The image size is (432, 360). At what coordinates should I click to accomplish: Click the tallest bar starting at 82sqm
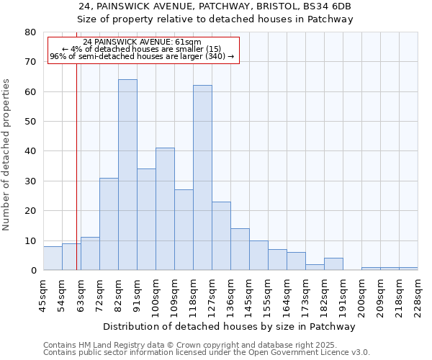[127, 175]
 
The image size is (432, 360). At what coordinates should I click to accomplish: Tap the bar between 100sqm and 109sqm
[165, 209]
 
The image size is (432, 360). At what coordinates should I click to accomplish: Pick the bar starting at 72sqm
[109, 224]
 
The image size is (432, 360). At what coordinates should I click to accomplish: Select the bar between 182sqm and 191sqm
[333, 264]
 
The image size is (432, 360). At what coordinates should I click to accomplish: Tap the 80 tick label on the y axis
[30, 32]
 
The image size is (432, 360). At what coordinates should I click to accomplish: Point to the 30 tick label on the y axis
[30, 181]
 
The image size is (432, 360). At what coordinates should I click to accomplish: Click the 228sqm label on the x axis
[418, 297]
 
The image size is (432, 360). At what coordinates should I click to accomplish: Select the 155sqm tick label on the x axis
[269, 297]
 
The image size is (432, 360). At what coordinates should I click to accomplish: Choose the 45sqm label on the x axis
[43, 297]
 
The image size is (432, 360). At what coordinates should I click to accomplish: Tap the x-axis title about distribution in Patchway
[230, 327]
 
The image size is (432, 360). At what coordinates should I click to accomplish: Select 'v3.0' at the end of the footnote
[360, 352]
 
